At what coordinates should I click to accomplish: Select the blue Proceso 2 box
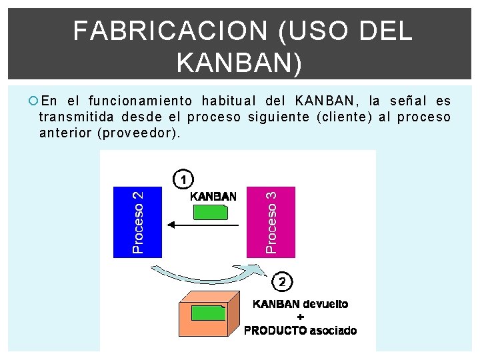(x=138, y=221)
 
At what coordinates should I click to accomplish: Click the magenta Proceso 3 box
(x=270, y=221)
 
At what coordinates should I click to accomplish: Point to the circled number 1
(x=184, y=179)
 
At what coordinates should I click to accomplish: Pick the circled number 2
(x=283, y=282)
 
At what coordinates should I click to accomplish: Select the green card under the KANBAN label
(x=210, y=212)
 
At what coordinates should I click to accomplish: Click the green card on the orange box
(x=207, y=313)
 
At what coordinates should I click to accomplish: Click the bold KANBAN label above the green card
(x=213, y=196)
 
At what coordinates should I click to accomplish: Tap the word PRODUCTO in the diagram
(x=275, y=330)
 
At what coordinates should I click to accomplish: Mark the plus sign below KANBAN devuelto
(x=300, y=317)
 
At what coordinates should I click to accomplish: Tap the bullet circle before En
(x=33, y=101)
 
